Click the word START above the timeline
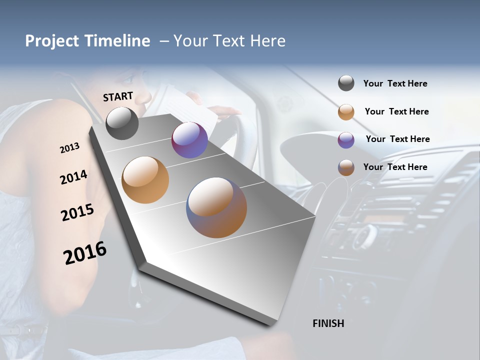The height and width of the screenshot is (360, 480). (x=118, y=96)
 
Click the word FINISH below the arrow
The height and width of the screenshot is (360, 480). (x=328, y=323)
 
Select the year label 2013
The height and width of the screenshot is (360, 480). (x=69, y=148)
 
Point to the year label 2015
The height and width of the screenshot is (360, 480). (x=77, y=212)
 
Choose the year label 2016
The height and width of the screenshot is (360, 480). (x=85, y=253)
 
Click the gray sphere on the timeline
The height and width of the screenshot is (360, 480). (x=122, y=123)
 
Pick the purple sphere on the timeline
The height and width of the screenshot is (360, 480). (x=189, y=140)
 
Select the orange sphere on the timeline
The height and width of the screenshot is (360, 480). (x=145, y=180)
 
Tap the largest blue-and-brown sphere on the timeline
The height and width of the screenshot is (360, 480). (x=216, y=207)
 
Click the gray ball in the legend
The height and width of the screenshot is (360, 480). (x=346, y=83)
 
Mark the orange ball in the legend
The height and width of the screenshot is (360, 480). (x=346, y=112)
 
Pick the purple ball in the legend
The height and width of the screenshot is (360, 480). (x=346, y=140)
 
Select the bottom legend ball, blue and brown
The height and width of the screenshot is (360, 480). (x=346, y=167)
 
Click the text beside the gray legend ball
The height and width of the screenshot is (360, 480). (x=395, y=83)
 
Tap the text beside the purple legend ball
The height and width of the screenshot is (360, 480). (x=397, y=139)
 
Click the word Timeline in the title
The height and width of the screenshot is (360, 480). (x=117, y=41)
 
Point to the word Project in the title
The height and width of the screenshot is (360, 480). (x=52, y=41)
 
